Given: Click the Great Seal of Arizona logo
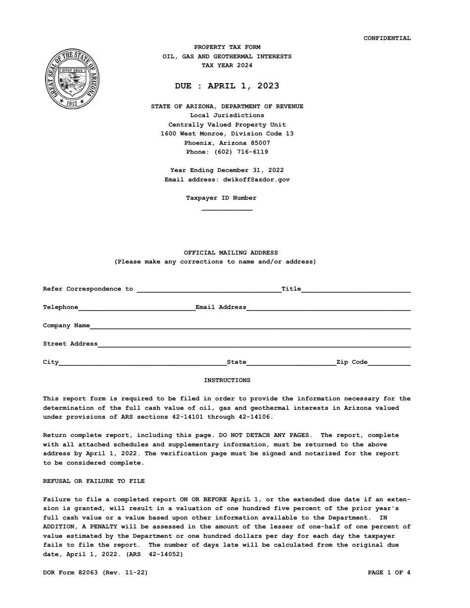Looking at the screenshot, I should (72, 79).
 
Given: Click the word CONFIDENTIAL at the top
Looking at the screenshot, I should (387, 38).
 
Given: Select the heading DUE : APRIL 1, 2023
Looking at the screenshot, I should (227, 86).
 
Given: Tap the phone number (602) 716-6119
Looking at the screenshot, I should (241, 152).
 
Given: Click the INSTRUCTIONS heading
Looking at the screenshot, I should (227, 380).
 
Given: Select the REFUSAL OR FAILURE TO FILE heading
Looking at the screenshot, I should (94, 481).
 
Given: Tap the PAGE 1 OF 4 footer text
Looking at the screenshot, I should (389, 572).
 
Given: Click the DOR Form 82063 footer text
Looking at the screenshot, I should (95, 572).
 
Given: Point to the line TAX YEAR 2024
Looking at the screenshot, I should (227, 65).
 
